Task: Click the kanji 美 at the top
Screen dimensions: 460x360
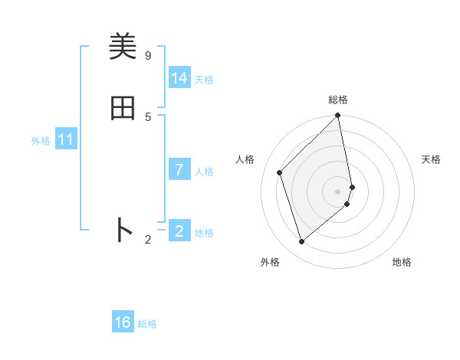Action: click(123, 47)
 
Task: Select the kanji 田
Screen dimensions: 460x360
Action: click(123, 108)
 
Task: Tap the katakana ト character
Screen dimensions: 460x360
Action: click(123, 230)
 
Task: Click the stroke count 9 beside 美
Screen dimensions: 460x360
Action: click(148, 55)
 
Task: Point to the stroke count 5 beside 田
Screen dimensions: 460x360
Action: click(148, 116)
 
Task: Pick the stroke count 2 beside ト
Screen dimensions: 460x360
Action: click(148, 240)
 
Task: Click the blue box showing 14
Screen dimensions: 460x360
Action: click(179, 78)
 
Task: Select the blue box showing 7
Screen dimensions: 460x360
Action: click(179, 170)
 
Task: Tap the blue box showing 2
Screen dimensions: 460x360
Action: click(179, 231)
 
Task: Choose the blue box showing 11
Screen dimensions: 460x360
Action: click(66, 139)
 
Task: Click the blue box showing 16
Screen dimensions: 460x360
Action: click(123, 322)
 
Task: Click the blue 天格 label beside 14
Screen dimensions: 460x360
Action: click(204, 80)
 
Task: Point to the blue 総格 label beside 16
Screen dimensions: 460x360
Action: click(147, 324)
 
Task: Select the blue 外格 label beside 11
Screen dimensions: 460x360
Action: click(41, 141)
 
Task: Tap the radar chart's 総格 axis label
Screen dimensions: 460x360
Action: click(338, 100)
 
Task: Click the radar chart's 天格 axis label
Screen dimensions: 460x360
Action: click(431, 159)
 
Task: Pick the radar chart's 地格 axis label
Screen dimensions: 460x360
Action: click(402, 262)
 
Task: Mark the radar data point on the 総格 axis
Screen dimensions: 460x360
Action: click(338, 116)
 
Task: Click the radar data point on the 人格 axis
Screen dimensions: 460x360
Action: click(280, 172)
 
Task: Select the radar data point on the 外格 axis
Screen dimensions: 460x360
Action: click(302, 242)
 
